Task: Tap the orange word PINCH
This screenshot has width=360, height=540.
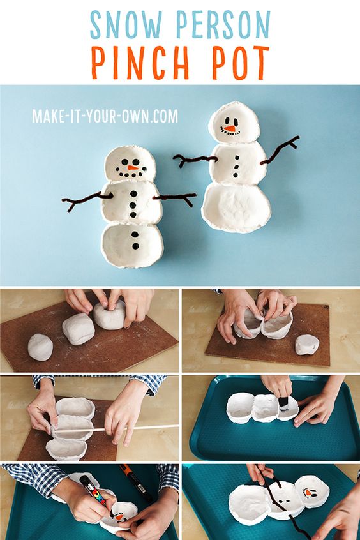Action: click(140, 63)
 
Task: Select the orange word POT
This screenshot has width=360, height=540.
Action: click(240, 63)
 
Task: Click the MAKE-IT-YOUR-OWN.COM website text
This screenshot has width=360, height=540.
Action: click(105, 116)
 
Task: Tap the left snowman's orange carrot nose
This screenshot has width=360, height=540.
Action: click(133, 168)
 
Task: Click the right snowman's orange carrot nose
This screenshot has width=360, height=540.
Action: click(230, 128)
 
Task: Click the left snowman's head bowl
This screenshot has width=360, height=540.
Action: click(130, 163)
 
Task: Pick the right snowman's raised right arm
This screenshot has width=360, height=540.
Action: click(280, 150)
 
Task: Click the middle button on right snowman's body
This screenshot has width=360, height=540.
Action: click(236, 167)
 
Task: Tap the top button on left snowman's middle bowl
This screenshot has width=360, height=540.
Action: click(133, 194)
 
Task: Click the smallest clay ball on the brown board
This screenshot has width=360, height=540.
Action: click(40, 347)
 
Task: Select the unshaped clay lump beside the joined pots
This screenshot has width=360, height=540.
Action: click(307, 345)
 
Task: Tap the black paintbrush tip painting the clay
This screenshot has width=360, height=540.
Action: click(283, 403)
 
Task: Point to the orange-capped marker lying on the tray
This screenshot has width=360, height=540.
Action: click(136, 483)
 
